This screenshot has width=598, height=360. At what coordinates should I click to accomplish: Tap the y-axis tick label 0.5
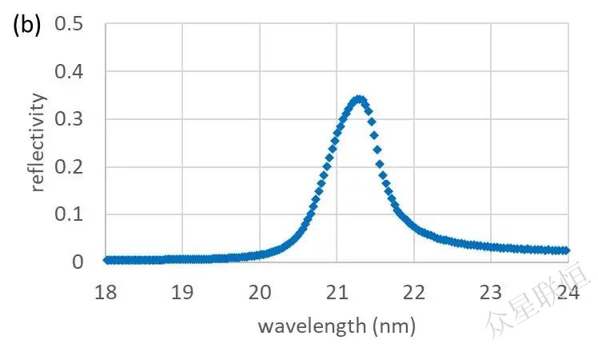[69, 25]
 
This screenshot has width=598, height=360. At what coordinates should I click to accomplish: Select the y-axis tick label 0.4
[69, 73]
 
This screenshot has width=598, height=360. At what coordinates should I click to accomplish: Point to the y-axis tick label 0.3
[69, 120]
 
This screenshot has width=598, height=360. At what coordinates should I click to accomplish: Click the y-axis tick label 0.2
[69, 167]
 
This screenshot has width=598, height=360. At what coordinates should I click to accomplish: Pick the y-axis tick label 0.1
[69, 215]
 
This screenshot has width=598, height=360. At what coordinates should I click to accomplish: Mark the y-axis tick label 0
[78, 262]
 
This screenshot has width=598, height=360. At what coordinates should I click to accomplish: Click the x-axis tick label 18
[106, 293]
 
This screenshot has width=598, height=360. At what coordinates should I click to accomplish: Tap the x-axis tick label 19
[182, 293]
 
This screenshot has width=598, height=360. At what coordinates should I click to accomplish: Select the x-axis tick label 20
[260, 293]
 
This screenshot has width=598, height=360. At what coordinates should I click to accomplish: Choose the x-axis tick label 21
[337, 293]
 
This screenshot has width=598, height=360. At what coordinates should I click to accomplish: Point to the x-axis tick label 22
[414, 293]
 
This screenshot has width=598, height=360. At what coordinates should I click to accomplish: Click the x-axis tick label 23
[491, 293]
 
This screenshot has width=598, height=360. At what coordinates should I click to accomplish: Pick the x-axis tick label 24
[568, 293]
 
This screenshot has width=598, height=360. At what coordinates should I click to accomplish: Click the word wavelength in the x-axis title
[307, 326]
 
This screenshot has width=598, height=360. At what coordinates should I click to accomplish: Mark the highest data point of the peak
[359, 99]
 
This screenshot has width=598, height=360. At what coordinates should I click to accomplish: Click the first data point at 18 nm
[106, 260]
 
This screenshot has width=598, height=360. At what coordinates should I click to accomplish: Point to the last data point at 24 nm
[567, 250]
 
